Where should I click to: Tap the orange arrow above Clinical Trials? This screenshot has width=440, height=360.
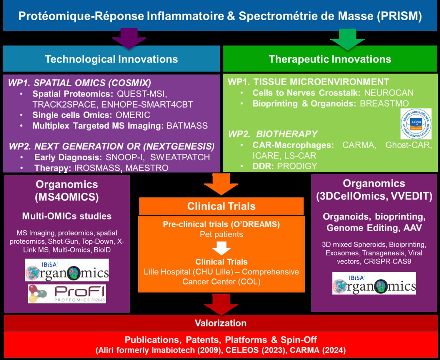(221, 183)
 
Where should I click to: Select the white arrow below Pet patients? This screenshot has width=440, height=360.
(221, 249)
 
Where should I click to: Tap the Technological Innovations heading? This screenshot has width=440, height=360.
(111, 59)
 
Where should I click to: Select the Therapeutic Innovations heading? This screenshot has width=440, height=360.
(330, 59)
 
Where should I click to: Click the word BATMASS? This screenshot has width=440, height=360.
(187, 126)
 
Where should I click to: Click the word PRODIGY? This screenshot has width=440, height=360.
(297, 166)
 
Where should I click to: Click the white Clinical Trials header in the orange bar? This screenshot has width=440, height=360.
(221, 206)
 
